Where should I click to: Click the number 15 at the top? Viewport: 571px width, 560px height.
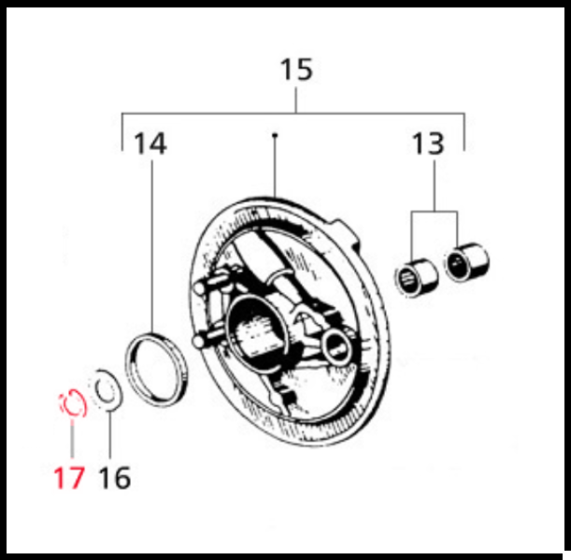point(296,71)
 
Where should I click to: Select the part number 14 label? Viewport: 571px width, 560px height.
point(150,145)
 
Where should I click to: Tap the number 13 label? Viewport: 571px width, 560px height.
point(429,145)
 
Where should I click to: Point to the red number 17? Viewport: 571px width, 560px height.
point(68,478)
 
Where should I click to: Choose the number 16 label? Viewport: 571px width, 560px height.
point(114,478)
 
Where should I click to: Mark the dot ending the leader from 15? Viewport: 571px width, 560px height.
point(275,136)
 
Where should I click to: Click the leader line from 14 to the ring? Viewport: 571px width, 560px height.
point(151,243)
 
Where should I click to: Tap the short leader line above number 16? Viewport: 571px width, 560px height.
point(110,434)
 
